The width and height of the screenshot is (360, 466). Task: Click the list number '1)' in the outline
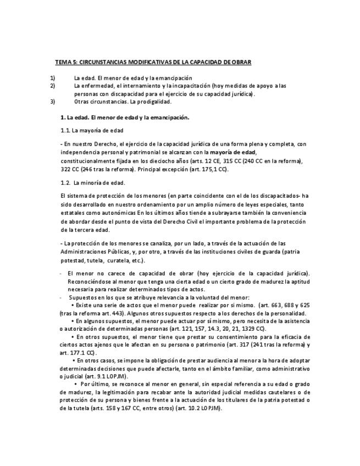point(52,78)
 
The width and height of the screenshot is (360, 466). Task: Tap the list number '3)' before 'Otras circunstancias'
point(52,101)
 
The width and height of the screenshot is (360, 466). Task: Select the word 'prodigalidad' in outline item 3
point(154,101)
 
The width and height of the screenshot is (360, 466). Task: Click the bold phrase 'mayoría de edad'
point(232,152)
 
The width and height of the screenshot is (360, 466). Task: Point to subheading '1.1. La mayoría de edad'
point(92,131)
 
